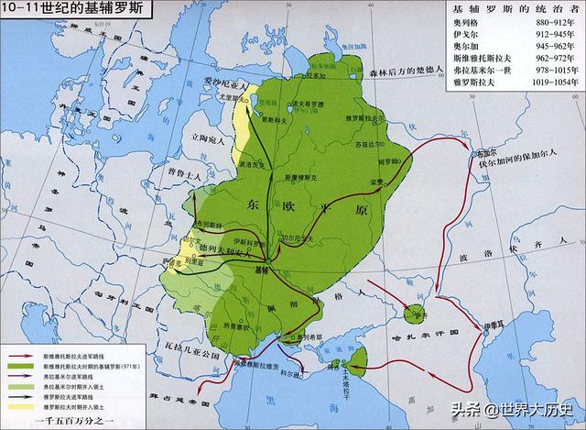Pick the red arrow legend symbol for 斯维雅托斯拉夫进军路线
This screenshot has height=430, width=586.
[20, 355]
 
